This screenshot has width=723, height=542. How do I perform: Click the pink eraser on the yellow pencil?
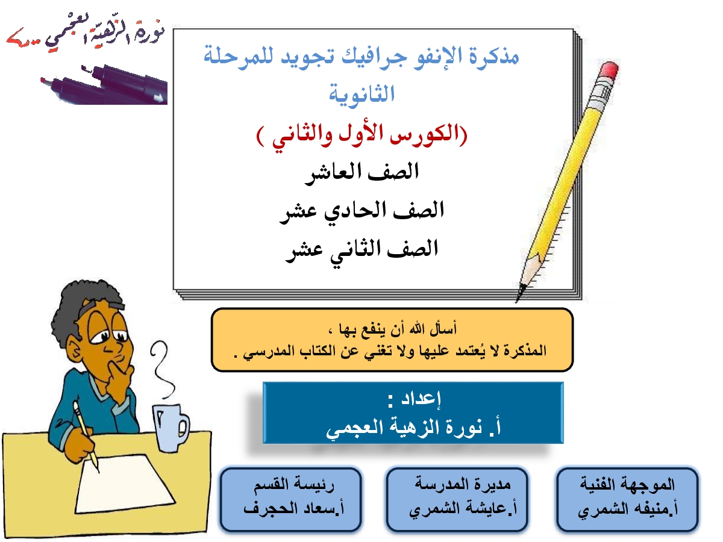tap(609, 70)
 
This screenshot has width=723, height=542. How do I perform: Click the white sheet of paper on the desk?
tap(125, 484)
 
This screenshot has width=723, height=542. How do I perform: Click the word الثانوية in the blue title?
tap(361, 95)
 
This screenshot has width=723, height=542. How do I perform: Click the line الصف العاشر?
tap(361, 172)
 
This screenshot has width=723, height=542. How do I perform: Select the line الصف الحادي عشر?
tap(361, 211)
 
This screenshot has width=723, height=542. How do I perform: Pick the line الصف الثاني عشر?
tap(361, 249)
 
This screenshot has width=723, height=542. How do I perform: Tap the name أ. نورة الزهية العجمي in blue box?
tap(413, 428)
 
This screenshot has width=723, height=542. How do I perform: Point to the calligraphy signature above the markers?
tap(86, 33)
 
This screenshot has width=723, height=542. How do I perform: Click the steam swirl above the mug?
tap(162, 371)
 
